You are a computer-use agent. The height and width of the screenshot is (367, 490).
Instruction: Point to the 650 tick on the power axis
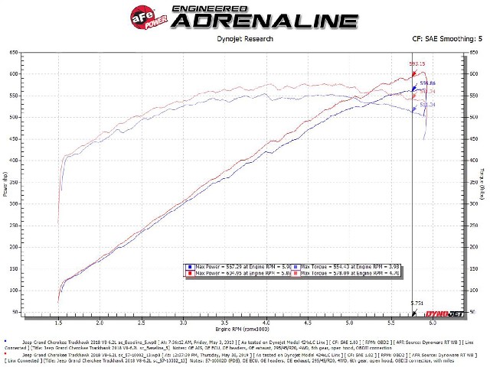tap(15, 52)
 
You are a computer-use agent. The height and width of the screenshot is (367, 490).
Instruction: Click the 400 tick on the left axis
tap(15, 161)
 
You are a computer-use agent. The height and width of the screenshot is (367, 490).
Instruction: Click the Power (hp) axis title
tap(6, 183)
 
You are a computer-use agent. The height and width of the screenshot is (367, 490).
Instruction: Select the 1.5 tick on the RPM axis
tap(59, 323)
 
